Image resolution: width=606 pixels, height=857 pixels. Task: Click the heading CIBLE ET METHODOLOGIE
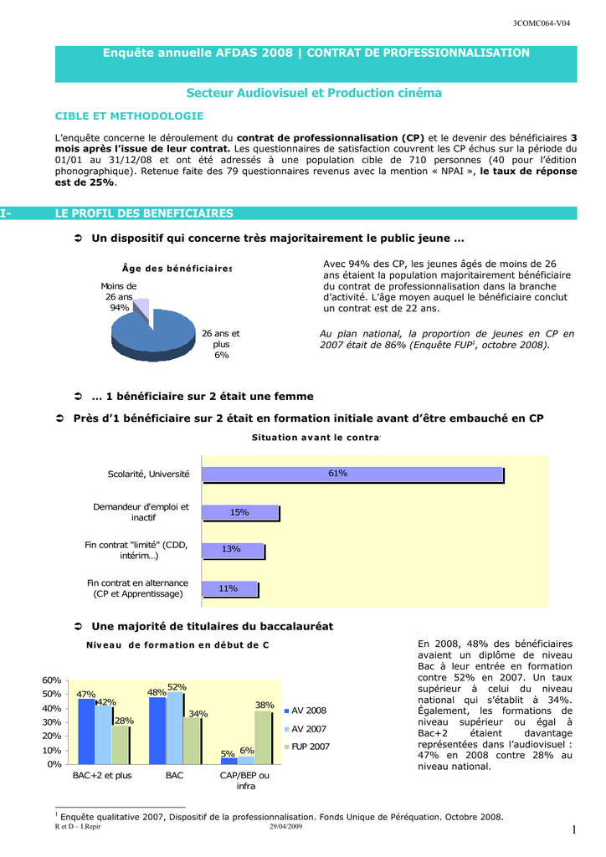pyautogui.click(x=129, y=115)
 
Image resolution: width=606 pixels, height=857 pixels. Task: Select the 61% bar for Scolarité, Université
pyautogui.click(x=352, y=475)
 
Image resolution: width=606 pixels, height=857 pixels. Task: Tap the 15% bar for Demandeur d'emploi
pyautogui.click(x=239, y=512)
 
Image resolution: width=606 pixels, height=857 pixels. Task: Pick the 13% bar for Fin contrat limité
pyautogui.click(x=232, y=550)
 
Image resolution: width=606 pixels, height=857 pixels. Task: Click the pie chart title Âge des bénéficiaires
pyautogui.click(x=176, y=268)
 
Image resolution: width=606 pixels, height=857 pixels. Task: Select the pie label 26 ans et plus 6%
pyautogui.click(x=221, y=344)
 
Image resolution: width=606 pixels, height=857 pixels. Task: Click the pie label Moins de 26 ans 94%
pyautogui.click(x=119, y=296)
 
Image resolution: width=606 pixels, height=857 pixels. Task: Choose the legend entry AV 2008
pyautogui.click(x=308, y=711)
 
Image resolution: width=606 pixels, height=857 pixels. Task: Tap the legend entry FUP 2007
pyautogui.click(x=310, y=747)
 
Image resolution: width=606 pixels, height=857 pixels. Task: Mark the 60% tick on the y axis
pyautogui.click(x=52, y=680)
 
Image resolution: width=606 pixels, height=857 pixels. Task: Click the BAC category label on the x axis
pyautogui.click(x=173, y=776)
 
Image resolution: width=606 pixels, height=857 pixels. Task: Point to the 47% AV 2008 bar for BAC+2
pyautogui.click(x=85, y=731)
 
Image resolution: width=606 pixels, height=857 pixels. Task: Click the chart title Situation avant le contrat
pyautogui.click(x=316, y=438)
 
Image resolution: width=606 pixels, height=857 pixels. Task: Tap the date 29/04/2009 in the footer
pyautogui.click(x=285, y=827)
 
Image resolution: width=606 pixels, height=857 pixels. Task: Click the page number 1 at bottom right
pyautogui.click(x=575, y=829)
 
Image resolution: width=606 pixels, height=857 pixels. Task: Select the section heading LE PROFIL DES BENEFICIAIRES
pyautogui.click(x=144, y=213)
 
